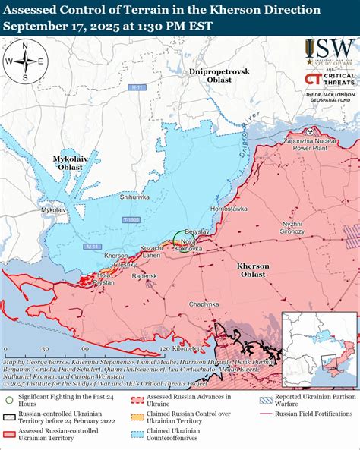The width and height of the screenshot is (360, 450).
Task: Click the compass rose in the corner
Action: pos(25,61)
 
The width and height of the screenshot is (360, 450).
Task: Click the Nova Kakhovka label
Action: pos(190,244)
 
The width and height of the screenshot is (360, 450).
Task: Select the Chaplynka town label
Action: pos(204,304)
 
